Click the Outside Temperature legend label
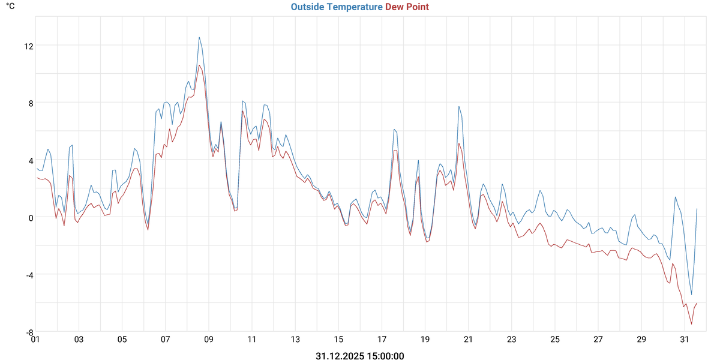tap(336, 7)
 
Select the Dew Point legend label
tap(407, 7)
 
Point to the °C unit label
tap(11, 6)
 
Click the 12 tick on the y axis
tap(28, 46)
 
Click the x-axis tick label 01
tap(35, 340)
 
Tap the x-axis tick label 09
tap(209, 340)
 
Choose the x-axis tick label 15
tap(338, 340)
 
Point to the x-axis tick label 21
tap(469, 340)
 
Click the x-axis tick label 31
tap(685, 340)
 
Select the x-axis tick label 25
tap(555, 340)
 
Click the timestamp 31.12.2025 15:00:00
tap(360, 356)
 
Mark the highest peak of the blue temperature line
tap(199, 37)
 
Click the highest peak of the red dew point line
tap(199, 65)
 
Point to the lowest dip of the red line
tap(691, 325)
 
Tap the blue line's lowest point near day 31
tap(691, 295)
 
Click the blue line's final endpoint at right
tap(697, 209)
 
